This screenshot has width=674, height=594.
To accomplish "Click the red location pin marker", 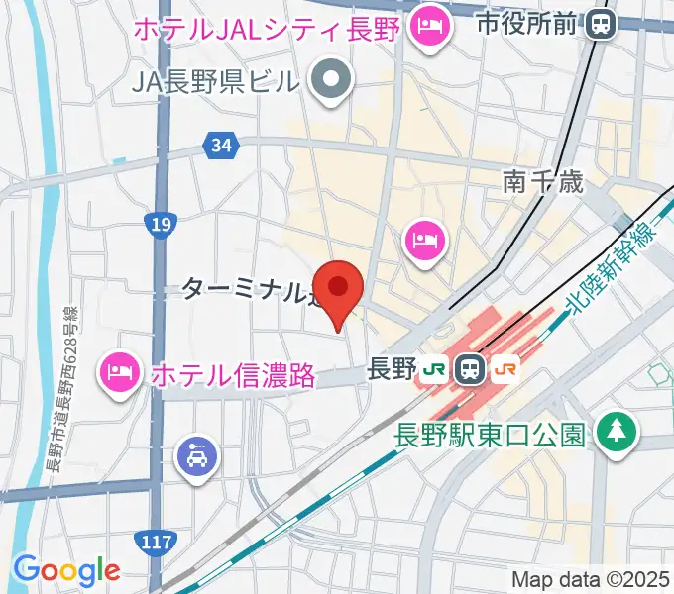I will coord(338,289).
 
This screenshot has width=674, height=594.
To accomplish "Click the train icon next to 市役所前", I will coord(600,22).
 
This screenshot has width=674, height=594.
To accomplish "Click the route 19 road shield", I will coord(159,226).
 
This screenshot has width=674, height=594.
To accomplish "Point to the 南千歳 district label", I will coord(542,181).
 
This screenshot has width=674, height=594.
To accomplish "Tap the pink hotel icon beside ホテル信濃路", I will coord(118,372).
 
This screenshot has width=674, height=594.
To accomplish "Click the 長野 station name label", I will coord(390,370).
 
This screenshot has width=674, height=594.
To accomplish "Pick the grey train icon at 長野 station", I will coord(469,370).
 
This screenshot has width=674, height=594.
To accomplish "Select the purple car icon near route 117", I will coord(194,456).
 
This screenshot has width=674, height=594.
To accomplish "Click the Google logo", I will coord(66,570).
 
